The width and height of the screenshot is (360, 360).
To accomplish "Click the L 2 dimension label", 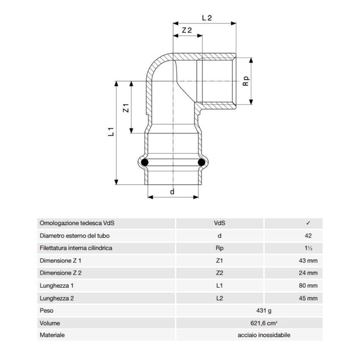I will tap(207, 18).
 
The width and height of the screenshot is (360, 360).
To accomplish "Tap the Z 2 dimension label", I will tap(187, 30).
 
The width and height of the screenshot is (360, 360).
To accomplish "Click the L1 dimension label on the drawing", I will tap(111, 132).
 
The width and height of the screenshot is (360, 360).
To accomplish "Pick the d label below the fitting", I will tap(172, 192).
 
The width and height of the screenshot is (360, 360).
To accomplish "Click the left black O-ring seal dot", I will tap(145, 162).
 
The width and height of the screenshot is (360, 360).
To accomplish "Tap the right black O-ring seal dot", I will tap(202, 162).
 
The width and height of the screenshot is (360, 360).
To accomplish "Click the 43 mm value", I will tap(308, 261).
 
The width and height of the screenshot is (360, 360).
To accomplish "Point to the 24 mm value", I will tap(308, 273).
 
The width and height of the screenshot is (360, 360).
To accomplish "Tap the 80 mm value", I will tap(308, 286).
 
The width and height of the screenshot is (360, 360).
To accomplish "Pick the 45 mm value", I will tap(308, 299).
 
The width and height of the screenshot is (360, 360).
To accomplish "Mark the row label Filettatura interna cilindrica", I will tap(76, 248).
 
